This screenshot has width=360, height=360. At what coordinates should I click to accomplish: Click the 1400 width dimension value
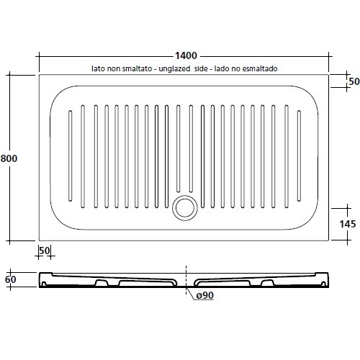click(x=186, y=55)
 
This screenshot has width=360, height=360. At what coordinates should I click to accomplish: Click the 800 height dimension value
click(x=9, y=158)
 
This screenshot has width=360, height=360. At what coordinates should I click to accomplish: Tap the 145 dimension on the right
click(x=348, y=224)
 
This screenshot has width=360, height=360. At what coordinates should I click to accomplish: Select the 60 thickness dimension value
click(x=11, y=279)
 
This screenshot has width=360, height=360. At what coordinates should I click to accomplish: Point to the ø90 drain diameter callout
click(x=205, y=295)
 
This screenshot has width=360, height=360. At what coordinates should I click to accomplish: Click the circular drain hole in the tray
click(x=185, y=207)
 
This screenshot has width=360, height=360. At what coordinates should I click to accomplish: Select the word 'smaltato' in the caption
click(x=137, y=68)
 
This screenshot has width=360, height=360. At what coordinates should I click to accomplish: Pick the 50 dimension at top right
click(x=354, y=81)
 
